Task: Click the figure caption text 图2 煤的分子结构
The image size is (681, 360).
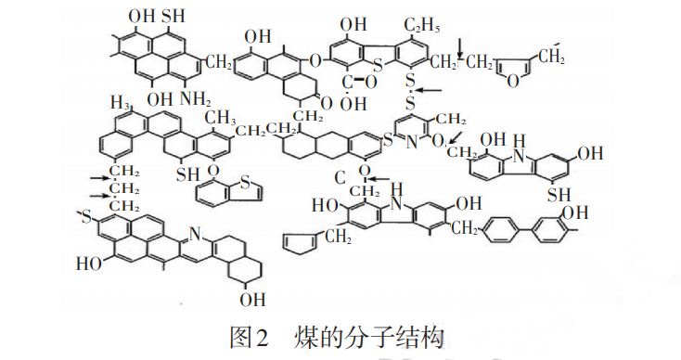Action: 340,334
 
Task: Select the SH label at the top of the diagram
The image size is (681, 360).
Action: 172,17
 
